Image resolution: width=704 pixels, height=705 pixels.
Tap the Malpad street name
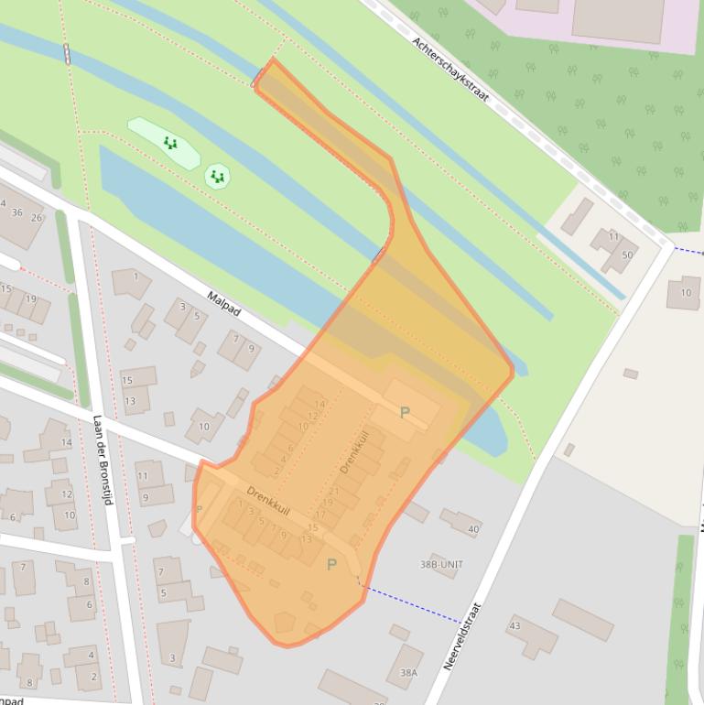[223, 305]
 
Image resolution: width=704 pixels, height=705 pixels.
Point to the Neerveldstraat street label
[462, 635]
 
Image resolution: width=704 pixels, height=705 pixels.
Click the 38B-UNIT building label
[441, 565]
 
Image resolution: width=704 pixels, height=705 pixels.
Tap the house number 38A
[408, 673]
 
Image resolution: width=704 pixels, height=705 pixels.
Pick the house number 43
[514, 626]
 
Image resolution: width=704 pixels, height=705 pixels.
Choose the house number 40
[473, 529]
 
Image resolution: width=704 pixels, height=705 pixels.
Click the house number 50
[627, 255]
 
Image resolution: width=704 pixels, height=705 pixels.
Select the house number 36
[16, 212]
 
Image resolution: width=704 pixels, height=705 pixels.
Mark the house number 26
[37, 218]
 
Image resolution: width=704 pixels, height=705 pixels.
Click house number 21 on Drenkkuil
[334, 491]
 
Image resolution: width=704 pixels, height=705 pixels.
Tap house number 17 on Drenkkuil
[320, 515]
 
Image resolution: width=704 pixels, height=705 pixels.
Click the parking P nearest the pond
[405, 413]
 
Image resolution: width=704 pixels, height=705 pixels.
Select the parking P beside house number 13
[331, 565]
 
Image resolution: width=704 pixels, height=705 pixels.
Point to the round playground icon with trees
[217, 177]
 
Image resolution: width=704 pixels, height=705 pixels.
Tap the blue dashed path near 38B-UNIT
[412, 605]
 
